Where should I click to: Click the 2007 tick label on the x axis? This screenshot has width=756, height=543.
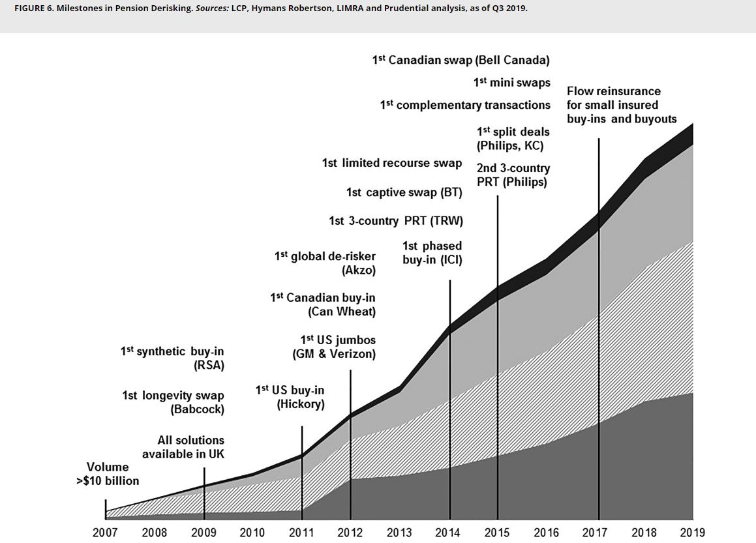(x=105, y=533)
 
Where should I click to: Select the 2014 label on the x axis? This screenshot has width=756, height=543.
(x=448, y=533)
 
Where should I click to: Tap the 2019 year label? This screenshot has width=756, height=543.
(x=692, y=533)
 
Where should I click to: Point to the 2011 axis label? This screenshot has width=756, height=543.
(x=301, y=533)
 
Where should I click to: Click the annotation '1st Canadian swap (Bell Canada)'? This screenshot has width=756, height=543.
(x=461, y=60)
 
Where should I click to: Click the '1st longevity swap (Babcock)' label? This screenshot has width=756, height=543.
(x=173, y=402)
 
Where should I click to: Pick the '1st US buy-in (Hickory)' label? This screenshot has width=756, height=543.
(x=290, y=397)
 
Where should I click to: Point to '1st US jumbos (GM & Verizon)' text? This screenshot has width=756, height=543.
(x=334, y=347)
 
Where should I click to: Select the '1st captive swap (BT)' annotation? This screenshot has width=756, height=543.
(x=404, y=192)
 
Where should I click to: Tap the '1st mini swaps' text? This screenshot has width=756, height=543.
(x=511, y=83)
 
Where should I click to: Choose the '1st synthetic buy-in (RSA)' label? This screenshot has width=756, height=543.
(x=172, y=358)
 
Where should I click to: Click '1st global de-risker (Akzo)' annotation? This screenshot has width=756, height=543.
(x=325, y=263)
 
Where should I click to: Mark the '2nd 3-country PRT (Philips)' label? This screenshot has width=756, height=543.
(x=513, y=175)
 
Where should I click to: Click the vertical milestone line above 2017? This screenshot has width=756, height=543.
(x=598, y=293)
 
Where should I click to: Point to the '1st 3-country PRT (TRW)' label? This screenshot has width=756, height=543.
(x=396, y=221)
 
